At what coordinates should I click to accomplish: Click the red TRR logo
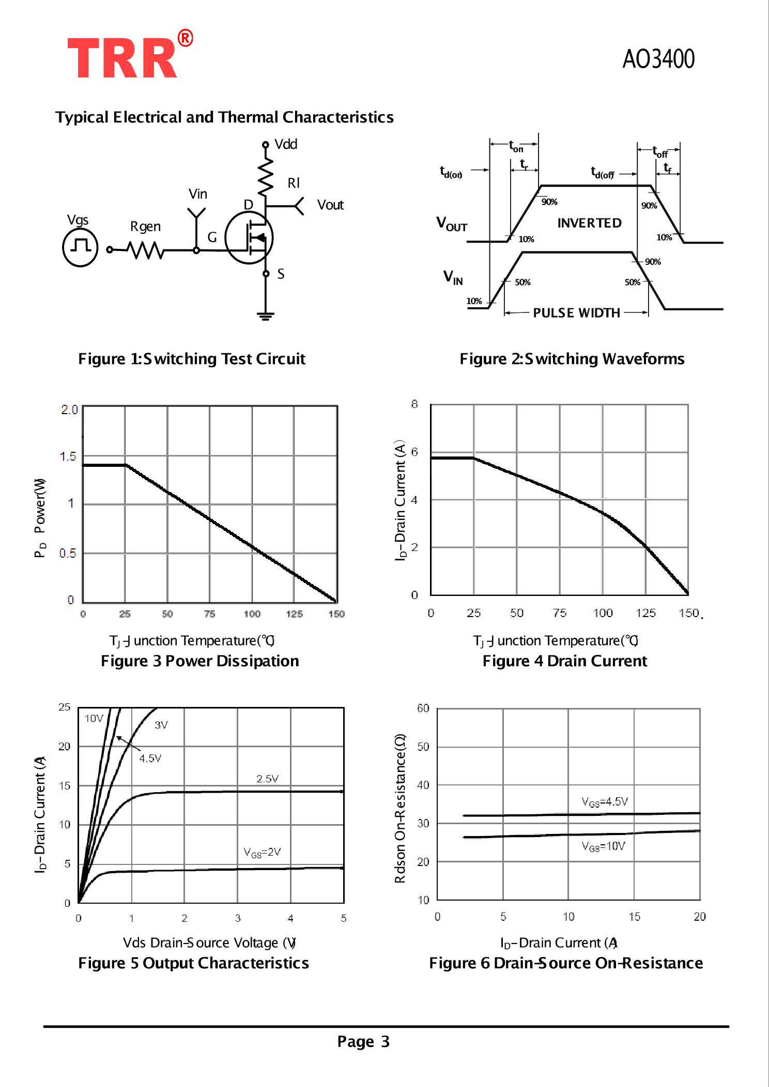pyautogui.click(x=123, y=58)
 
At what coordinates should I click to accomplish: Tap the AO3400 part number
pyautogui.click(x=658, y=59)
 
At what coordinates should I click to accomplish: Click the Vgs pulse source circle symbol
pyautogui.click(x=80, y=247)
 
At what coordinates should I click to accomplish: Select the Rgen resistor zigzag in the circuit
pyautogui.click(x=146, y=250)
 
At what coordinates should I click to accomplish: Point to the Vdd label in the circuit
pyautogui.click(x=285, y=144)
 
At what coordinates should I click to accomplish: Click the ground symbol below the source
pyautogui.click(x=266, y=316)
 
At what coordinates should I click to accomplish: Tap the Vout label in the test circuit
pyautogui.click(x=330, y=205)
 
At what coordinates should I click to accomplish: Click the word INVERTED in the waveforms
pyautogui.click(x=589, y=223)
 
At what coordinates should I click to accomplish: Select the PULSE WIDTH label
pyautogui.click(x=576, y=313)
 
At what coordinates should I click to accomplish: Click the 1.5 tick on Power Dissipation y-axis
pyautogui.click(x=68, y=456)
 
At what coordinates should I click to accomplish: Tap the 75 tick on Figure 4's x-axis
pyautogui.click(x=559, y=613)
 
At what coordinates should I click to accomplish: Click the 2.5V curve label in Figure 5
pyautogui.click(x=267, y=779)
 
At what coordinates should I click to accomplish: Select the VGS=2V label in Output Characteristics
pyautogui.click(x=263, y=852)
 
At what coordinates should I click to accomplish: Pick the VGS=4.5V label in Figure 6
pyautogui.click(x=605, y=801)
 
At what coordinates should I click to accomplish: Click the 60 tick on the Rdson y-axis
pyautogui.click(x=423, y=708)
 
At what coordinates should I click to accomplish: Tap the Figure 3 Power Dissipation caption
pyautogui.click(x=199, y=661)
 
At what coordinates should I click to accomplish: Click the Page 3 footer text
pyautogui.click(x=363, y=1042)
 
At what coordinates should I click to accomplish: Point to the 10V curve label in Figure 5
pyautogui.click(x=94, y=718)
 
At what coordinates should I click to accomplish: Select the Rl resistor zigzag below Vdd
pyautogui.click(x=266, y=177)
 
